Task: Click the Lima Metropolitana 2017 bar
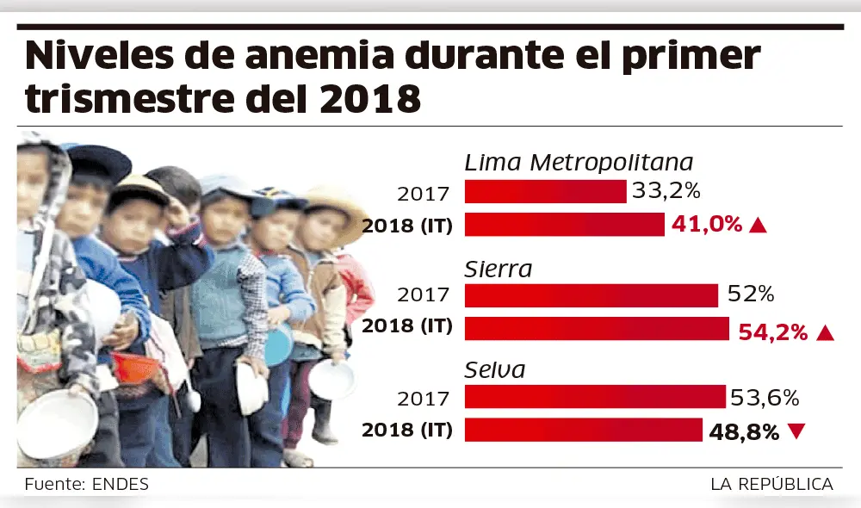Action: pyautogui.click(x=545, y=191)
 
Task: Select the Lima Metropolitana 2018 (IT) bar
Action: pyautogui.click(x=565, y=225)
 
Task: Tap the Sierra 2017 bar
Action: pyautogui.click(x=592, y=295)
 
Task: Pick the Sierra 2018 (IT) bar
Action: pyautogui.click(x=598, y=328)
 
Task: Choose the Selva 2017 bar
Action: pyautogui.click(x=595, y=397)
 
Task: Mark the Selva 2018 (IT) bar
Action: pyautogui.click(x=584, y=430)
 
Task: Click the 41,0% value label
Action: pyautogui.click(x=706, y=225)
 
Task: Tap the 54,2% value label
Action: pyautogui.click(x=772, y=331)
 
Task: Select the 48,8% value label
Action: pyautogui.click(x=745, y=431)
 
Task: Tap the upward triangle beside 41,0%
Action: pyautogui.click(x=758, y=226)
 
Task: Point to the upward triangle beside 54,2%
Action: pyautogui.click(x=825, y=332)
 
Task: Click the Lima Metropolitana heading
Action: pyautogui.click(x=579, y=163)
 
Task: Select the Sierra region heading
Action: pyautogui.click(x=499, y=269)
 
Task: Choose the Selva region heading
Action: pyautogui.click(x=495, y=370)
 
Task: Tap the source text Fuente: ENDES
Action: pyautogui.click(x=86, y=484)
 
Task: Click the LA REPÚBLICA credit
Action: pyautogui.click(x=771, y=484)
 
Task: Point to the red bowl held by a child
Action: pyautogui.click(x=134, y=366)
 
